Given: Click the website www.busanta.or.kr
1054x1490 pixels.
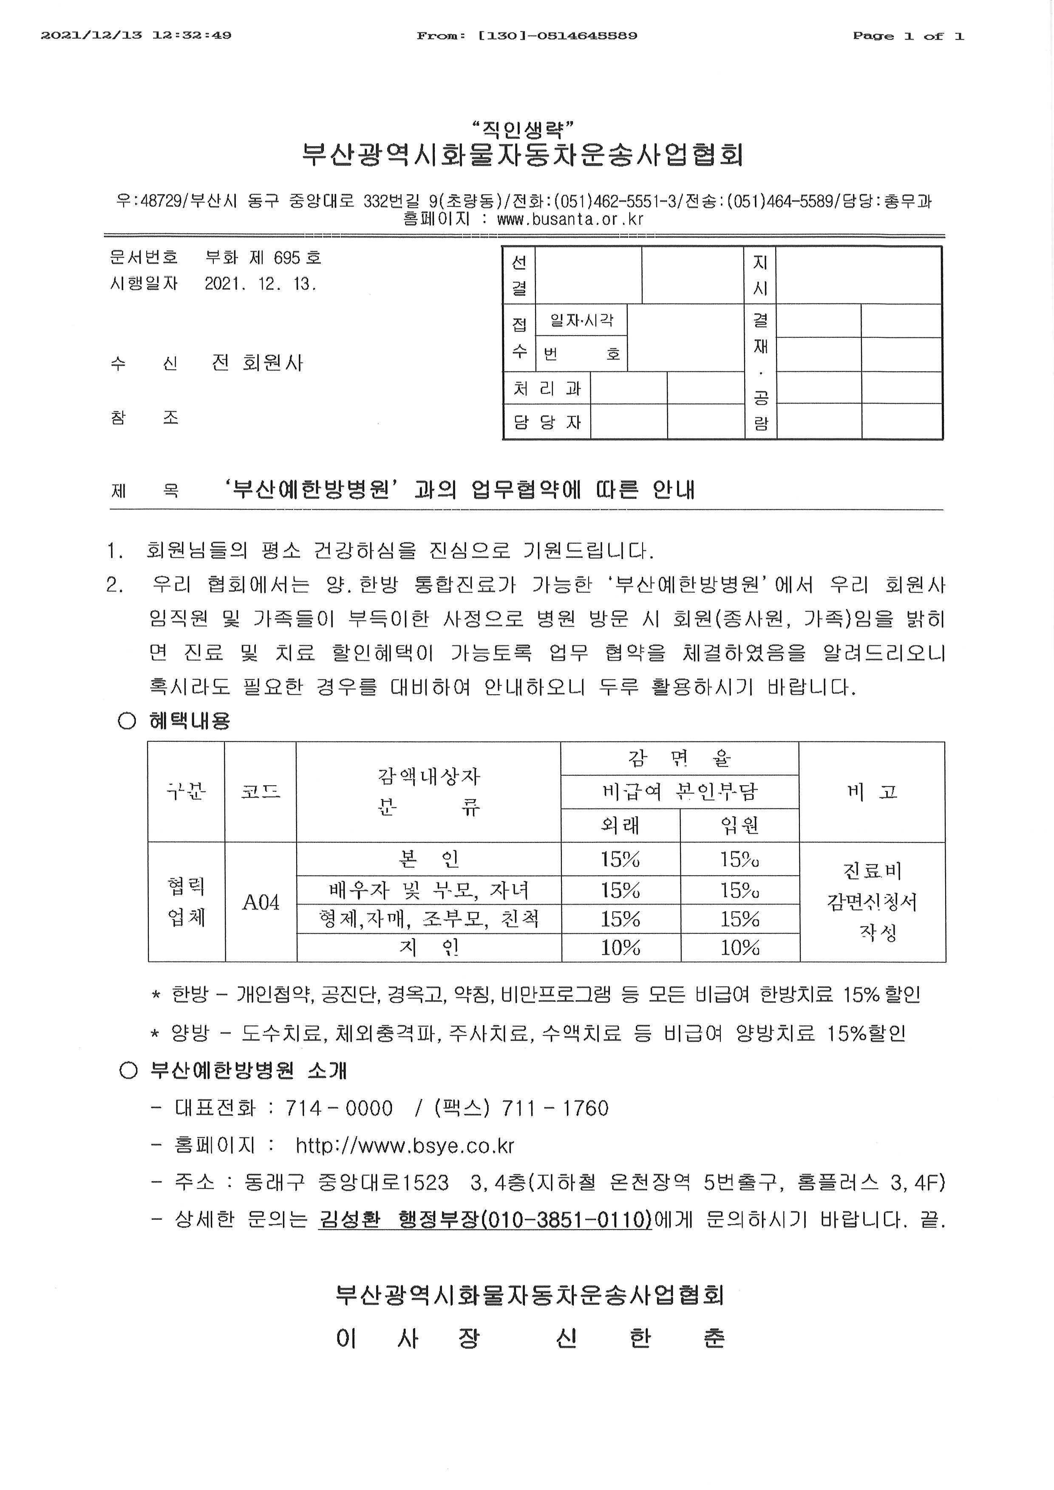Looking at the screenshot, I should tap(570, 219).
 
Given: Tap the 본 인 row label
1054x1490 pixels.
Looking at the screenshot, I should tap(428, 859).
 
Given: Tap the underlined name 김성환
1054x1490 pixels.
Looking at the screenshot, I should tap(349, 1220).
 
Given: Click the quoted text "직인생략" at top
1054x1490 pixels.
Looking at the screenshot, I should tap(524, 129).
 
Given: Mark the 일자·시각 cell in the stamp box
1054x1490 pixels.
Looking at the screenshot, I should tap(581, 320).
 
